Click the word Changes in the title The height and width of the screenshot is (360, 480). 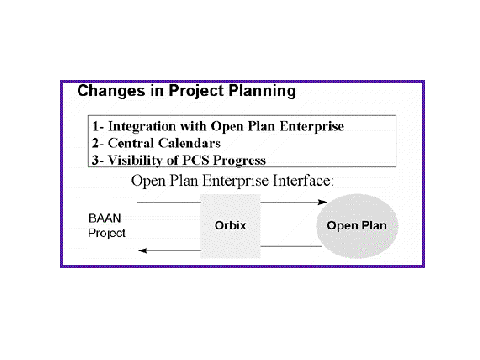point(111,91)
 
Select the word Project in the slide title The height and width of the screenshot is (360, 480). point(196,91)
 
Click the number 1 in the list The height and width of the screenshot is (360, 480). point(96,126)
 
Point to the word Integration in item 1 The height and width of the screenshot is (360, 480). point(142,126)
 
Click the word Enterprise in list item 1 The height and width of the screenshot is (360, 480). point(312,126)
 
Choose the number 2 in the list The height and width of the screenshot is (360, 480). point(96,143)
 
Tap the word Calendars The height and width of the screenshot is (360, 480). point(189,143)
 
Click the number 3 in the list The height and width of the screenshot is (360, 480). point(96,160)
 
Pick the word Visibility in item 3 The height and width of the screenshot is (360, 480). point(135,160)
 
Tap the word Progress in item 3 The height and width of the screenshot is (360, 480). point(239,161)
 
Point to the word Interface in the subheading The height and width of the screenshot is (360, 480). point(303,181)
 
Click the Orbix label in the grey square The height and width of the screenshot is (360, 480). point(230,225)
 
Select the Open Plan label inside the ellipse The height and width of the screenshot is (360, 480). point(357,225)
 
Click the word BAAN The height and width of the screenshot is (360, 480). point(105,218)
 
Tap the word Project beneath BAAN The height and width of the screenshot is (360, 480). point(107,233)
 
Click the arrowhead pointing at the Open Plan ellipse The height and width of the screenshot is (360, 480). point(322,202)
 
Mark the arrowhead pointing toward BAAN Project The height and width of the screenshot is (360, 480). point(143,251)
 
